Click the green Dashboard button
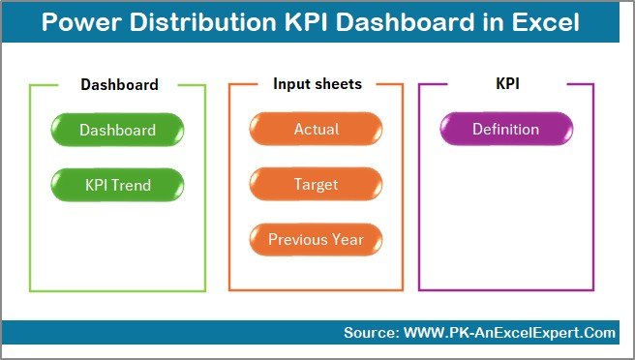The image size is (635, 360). [x=117, y=130]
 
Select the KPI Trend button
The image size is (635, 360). [x=117, y=184]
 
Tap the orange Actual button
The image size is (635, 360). [x=316, y=130]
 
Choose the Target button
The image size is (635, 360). [x=316, y=184]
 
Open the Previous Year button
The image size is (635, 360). [x=316, y=239]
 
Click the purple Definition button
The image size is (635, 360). [x=505, y=130]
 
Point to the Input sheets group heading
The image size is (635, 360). [x=317, y=84]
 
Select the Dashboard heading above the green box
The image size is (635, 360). [x=119, y=84]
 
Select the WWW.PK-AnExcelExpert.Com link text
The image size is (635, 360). [x=506, y=333]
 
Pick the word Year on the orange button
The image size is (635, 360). [x=346, y=239]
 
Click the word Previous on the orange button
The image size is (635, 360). [x=297, y=239]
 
